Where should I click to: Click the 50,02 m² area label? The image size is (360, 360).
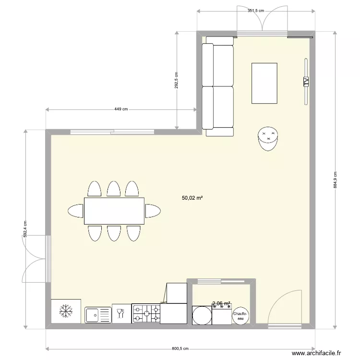click(x=192, y=197)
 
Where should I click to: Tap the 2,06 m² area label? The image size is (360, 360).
click(x=221, y=303)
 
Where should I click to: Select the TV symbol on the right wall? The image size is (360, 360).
click(x=305, y=81)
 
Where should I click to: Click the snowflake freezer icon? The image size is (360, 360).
click(x=66, y=311)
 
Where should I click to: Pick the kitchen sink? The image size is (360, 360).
click(x=98, y=315)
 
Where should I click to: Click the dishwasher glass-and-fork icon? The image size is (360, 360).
click(x=120, y=313)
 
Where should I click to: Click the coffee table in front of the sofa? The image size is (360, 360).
click(x=264, y=83)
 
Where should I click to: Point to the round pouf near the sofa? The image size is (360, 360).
click(x=268, y=138)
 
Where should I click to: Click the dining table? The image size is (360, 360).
click(x=114, y=211)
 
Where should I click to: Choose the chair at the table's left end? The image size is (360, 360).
click(x=76, y=211)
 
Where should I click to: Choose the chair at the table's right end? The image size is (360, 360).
click(x=153, y=211)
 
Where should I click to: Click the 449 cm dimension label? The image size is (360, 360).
click(x=121, y=109)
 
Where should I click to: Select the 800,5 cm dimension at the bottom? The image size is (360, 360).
click(x=180, y=349)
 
